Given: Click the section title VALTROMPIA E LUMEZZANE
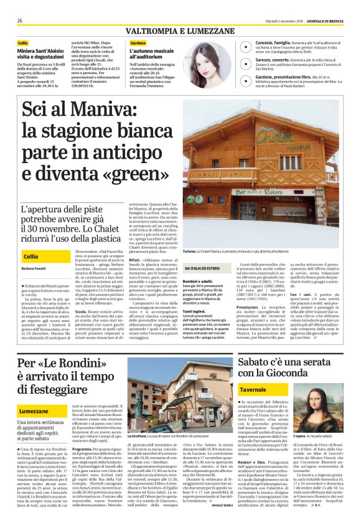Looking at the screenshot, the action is tap(180, 30).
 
